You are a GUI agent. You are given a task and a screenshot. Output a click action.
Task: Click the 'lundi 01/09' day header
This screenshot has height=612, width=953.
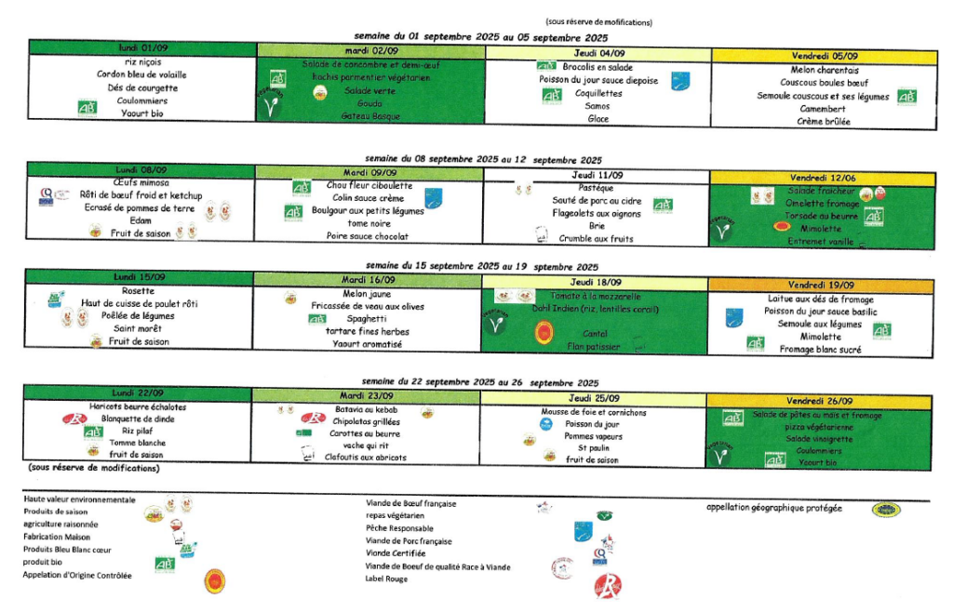click(141, 47)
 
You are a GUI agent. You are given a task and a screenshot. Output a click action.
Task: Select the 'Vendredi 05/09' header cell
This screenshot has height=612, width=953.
click(825, 56)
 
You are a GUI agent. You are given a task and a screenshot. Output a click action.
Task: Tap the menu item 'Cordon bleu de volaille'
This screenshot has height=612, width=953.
click(142, 74)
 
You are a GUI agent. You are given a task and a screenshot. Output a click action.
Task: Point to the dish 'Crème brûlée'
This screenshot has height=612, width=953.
click(824, 121)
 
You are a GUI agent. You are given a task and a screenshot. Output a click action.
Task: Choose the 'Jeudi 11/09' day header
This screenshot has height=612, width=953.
click(598, 175)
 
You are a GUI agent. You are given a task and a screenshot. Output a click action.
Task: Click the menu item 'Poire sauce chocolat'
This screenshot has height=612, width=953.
click(369, 236)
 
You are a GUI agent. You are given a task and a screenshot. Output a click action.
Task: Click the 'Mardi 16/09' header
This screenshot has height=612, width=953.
click(369, 280)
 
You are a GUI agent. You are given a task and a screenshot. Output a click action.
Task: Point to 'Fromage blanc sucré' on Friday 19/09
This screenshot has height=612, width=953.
click(823, 350)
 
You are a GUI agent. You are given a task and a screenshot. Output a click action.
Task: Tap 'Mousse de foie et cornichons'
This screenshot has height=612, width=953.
click(594, 412)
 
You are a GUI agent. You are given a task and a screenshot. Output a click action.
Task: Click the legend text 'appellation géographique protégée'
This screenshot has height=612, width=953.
click(774, 508)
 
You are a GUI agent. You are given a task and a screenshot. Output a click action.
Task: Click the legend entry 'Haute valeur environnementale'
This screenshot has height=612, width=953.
click(80, 499)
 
